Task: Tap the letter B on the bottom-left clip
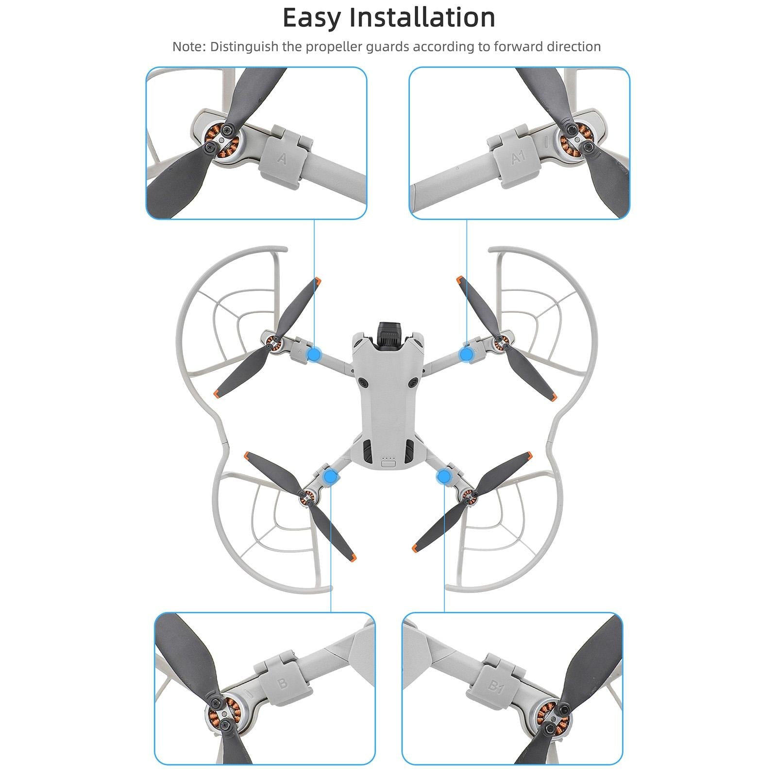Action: click(x=282, y=684)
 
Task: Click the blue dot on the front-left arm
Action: click(x=314, y=355)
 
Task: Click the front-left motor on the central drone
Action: click(x=273, y=342)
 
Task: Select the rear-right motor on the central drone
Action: click(x=468, y=495)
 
